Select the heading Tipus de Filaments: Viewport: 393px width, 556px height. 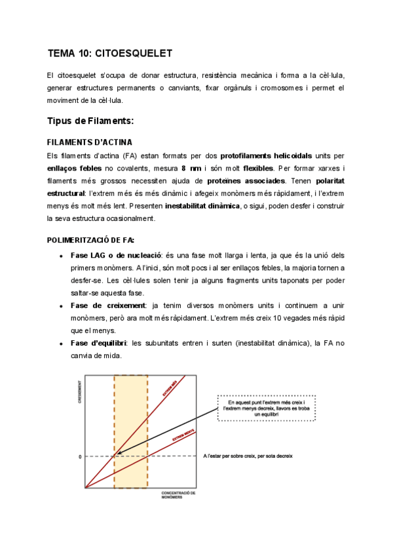pyautogui.click(x=91, y=121)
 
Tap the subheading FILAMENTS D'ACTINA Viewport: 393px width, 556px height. pyautogui.click(x=90, y=142)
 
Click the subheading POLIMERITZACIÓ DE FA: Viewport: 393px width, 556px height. pyautogui.click(x=91, y=240)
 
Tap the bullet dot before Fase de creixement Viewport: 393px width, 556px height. pyautogui.click(x=60, y=306)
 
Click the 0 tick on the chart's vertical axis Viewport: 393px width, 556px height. pyautogui.click(x=80, y=456)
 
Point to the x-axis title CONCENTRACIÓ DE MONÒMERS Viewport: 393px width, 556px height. pyautogui.click(x=178, y=494)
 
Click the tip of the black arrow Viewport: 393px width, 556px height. pyautogui.click(x=115, y=455)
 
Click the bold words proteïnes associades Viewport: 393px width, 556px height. pyautogui.click(x=246, y=180)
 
